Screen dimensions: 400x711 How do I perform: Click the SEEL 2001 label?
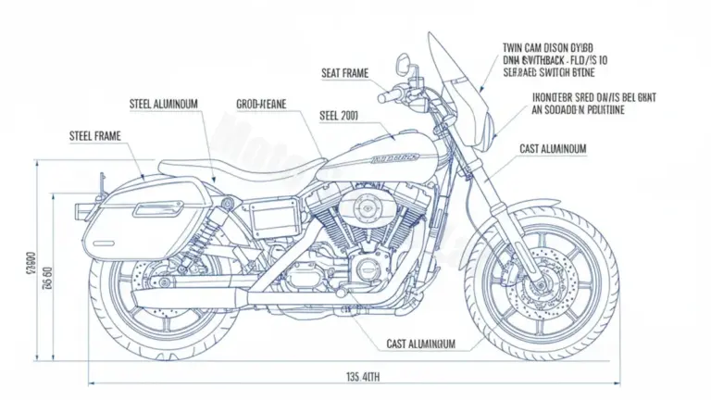pyautogui.click(x=339, y=117)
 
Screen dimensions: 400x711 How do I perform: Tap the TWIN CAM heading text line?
pyautogui.click(x=550, y=45)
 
